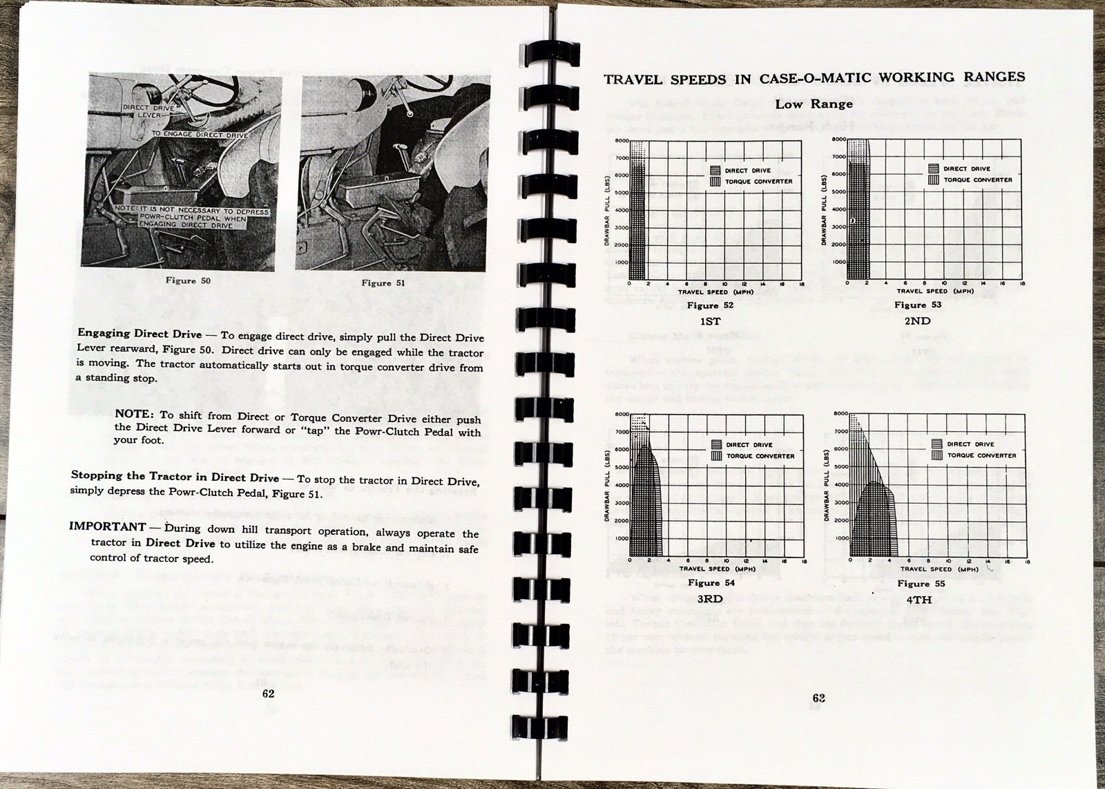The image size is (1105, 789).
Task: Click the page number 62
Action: click(x=269, y=694)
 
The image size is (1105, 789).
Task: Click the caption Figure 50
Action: click(x=188, y=281)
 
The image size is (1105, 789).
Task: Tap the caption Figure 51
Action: click(x=383, y=283)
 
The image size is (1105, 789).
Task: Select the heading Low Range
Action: click(x=814, y=104)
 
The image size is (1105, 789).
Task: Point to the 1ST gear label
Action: click(x=710, y=321)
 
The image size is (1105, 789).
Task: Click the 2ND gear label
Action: click(x=918, y=321)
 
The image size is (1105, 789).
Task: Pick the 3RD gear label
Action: click(x=709, y=599)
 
